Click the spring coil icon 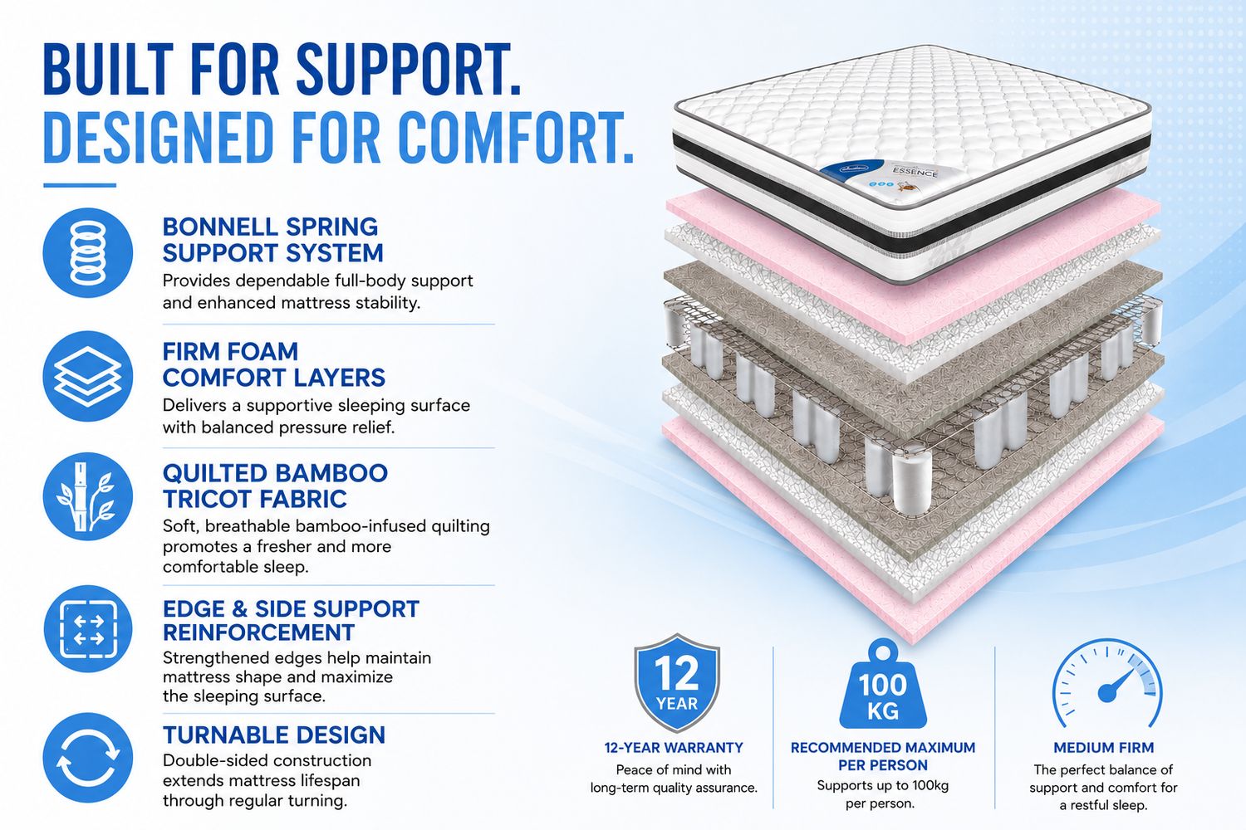point(88,253)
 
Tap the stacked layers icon point(88,376)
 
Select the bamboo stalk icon point(88,496)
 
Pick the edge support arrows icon point(88,629)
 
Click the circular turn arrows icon point(88,758)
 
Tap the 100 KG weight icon point(883,685)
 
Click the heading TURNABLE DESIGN point(273,735)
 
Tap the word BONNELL point(220,227)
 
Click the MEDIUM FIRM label point(1104,748)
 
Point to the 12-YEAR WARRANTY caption point(674,748)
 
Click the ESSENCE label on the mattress point(915,172)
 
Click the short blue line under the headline point(80,186)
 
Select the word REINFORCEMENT point(258,632)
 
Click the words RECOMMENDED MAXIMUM point(883,748)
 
